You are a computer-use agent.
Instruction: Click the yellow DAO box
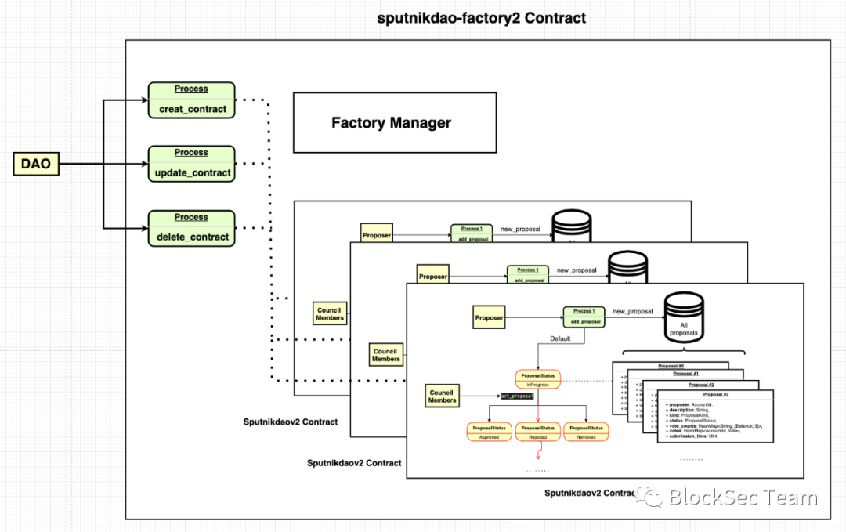[36, 164]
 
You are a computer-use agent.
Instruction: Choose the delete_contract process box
[192, 229]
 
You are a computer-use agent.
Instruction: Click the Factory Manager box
[394, 122]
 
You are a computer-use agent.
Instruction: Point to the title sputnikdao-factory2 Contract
[481, 17]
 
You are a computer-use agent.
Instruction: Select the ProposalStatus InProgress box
[537, 378]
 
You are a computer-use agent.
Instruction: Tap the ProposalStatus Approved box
[489, 432]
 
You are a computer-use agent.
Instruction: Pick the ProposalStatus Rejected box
[537, 432]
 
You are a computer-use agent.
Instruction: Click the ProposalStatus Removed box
[586, 432]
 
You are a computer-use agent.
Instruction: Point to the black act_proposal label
[518, 396]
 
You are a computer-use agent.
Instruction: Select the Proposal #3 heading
[715, 394]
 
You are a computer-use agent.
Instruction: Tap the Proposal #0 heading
[670, 366]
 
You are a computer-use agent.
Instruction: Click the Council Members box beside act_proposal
[442, 396]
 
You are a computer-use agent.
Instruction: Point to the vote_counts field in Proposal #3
[714, 424]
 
